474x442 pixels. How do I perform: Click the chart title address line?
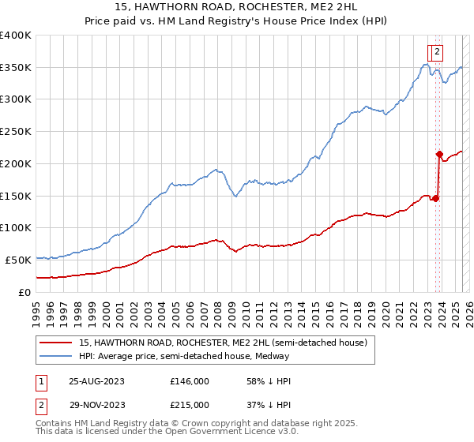coord(237,9)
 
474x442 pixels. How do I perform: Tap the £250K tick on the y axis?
coord(16,131)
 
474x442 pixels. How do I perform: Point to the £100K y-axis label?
coord(16,227)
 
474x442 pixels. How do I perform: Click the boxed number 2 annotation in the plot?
coord(437,53)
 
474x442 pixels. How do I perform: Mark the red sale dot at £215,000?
coord(439,154)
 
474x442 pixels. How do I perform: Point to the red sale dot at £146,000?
coord(435,198)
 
